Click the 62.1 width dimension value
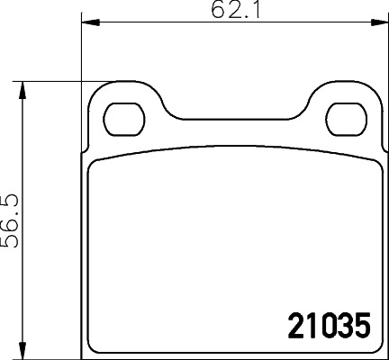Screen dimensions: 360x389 (x=229, y=12)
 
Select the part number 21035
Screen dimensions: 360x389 (x=329, y=326)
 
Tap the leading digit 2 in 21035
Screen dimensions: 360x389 (x=295, y=326)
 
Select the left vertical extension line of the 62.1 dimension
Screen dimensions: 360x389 (x=82, y=54)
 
